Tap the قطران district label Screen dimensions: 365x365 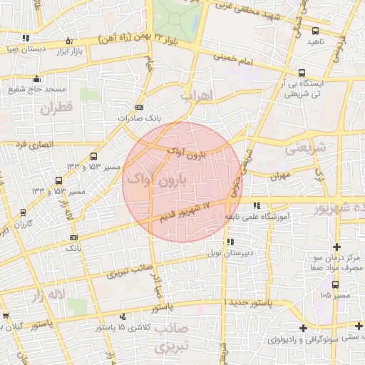point(56,109)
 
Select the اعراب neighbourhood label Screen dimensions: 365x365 point(197,95)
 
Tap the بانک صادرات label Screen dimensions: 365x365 point(136,117)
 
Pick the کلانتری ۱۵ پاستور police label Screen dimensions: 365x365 point(98,327)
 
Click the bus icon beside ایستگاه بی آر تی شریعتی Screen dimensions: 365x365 point(302,73)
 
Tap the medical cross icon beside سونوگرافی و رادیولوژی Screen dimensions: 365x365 point(304,328)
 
